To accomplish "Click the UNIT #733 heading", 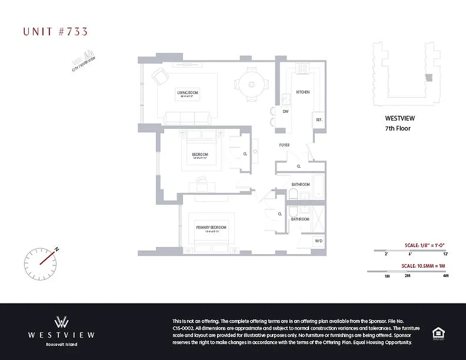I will click(55, 31).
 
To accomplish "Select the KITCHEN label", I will click(303, 92).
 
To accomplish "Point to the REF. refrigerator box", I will click(319, 120).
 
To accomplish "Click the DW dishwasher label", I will click(285, 111).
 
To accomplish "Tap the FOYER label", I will click(284, 145).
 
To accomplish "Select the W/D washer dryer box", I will click(319, 241).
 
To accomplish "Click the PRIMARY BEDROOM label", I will click(211, 227).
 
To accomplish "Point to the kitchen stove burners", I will click(302, 68).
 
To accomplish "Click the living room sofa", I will click(187, 118).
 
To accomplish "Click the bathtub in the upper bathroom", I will click(318, 186).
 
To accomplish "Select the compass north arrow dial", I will click(41, 262).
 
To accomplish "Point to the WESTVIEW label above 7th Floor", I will click(400, 118).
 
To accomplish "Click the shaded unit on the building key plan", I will click(429, 77).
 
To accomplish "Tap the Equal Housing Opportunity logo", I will click(438, 333).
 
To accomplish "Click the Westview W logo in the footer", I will click(61, 322).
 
